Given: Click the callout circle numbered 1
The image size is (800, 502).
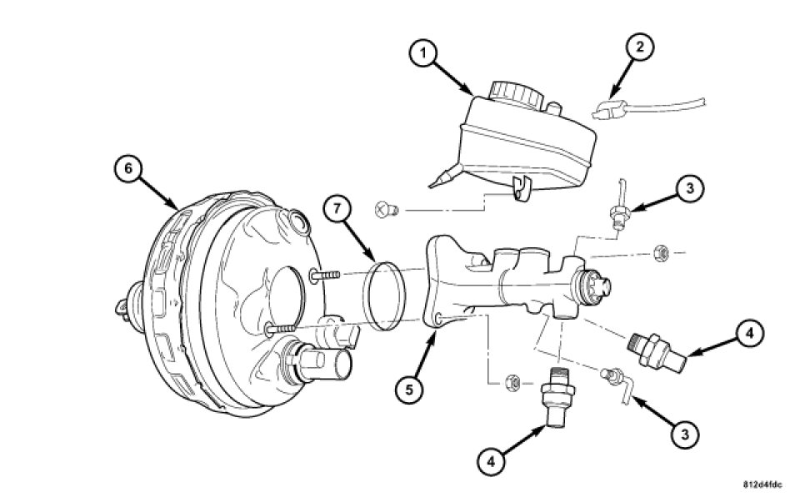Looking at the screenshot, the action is pos(423,53).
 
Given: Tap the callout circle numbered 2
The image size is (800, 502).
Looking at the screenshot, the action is pos(640,47).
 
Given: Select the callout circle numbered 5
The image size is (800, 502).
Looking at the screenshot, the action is pos(410,390).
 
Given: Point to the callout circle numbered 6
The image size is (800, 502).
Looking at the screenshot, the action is pos(128,168).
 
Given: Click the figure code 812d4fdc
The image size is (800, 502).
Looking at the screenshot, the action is pos(762,485).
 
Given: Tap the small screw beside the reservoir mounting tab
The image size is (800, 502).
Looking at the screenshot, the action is pos(387,209).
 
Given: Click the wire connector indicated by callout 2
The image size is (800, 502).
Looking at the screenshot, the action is pos(610,110).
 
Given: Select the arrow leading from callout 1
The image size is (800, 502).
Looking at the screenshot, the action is pos(454,78).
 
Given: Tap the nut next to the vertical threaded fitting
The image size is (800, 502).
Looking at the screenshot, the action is pos(512,382).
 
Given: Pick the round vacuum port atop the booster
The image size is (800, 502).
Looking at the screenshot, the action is pos(297,223).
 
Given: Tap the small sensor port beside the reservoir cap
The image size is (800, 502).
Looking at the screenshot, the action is pos(553,108).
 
